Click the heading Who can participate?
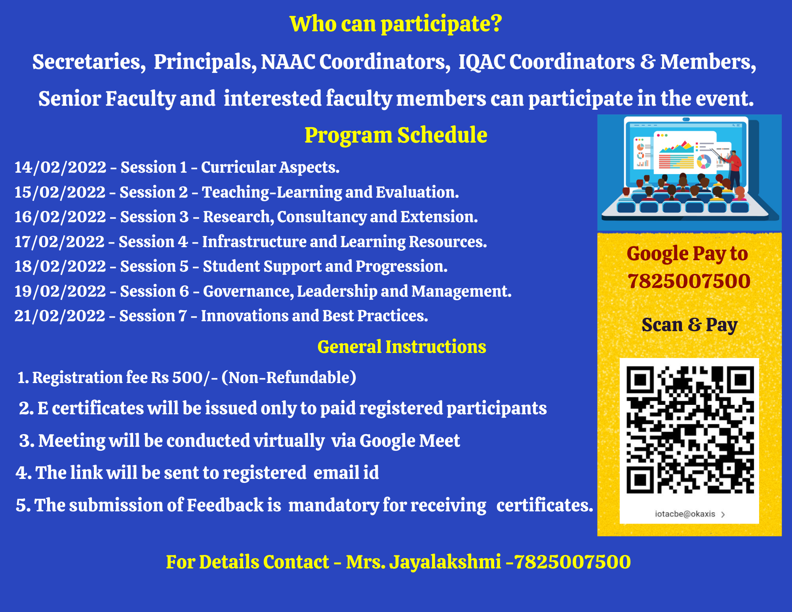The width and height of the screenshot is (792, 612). click(x=396, y=24)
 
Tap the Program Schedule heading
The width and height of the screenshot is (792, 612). click(x=396, y=135)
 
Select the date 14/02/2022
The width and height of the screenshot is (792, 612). click(x=60, y=167)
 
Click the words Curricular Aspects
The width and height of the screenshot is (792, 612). click(x=270, y=167)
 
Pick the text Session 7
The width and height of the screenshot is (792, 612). click(x=153, y=316)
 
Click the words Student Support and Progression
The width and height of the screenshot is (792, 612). click(x=325, y=267)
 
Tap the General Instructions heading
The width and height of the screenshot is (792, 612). click(x=402, y=347)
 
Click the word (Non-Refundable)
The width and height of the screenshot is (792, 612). click(x=289, y=377)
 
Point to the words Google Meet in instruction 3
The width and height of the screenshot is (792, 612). click(x=409, y=441)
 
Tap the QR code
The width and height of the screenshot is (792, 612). click(x=690, y=430)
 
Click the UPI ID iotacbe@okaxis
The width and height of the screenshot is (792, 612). click(x=685, y=514)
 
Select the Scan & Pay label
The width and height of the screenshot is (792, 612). click(x=689, y=325)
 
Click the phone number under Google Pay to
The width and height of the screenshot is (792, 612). click(x=689, y=281)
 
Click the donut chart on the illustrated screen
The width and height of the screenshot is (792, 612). click(x=704, y=161)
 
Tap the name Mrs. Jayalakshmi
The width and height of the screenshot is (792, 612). click(x=423, y=562)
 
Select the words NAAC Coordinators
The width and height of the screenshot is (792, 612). click(x=355, y=62)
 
